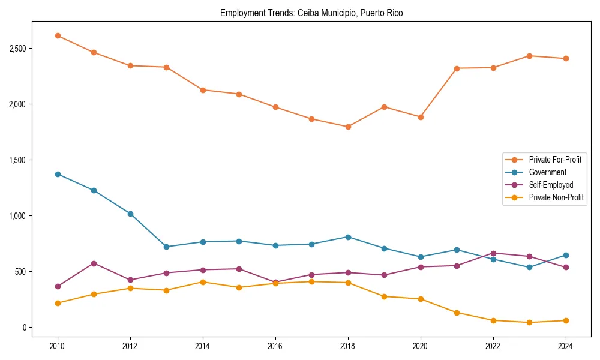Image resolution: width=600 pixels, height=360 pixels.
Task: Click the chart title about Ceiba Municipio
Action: (311, 13)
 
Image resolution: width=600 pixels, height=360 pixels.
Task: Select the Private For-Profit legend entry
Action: (555, 160)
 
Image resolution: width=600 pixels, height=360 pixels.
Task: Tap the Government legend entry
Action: (547, 172)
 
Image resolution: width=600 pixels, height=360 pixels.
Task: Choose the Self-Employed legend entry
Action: (551, 185)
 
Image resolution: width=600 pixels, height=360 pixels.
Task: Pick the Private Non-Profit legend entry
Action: (556, 197)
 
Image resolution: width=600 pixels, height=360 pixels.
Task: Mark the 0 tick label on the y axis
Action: (25, 328)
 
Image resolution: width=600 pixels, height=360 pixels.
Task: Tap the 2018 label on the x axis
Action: (348, 346)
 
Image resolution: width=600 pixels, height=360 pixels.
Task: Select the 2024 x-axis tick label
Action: (565, 346)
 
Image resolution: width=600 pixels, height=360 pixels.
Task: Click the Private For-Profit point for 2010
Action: (58, 36)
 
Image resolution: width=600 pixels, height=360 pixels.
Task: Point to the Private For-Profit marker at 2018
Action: (348, 127)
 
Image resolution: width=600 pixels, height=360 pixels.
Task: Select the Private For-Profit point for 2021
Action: (457, 68)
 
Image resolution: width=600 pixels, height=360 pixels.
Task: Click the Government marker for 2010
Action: (58, 174)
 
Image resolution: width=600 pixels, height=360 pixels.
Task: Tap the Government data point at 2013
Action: (166, 247)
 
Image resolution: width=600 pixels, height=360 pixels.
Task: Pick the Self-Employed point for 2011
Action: (94, 263)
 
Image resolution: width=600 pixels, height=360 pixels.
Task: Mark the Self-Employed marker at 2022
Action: (493, 253)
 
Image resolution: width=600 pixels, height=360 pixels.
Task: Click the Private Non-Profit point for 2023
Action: (529, 322)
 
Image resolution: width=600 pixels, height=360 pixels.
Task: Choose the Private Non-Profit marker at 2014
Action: (203, 282)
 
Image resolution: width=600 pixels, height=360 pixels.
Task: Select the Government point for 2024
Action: (565, 255)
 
